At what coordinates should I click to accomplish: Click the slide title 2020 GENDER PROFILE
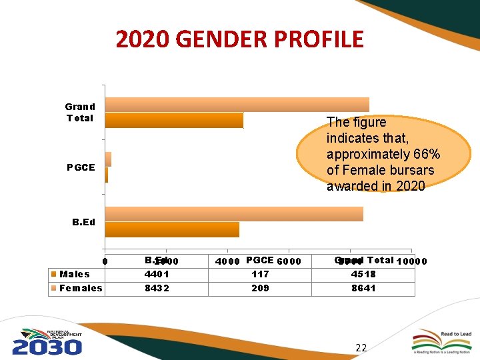pos(239,39)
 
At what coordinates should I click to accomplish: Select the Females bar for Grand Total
pos(237,104)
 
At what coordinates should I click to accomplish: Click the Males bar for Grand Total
pos(174,120)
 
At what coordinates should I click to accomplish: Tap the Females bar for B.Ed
pos(233,213)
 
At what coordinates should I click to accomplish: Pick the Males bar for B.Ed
pos(172,229)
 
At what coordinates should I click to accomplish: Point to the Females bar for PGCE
pos(108,159)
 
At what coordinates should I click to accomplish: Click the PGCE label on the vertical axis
pos(81,167)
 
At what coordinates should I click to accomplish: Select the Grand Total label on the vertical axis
pos(80,112)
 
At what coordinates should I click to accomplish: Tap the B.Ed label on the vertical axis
pos(83,222)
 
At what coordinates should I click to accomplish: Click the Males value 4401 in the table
pos(157,274)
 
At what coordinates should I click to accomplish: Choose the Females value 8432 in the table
pos(157,288)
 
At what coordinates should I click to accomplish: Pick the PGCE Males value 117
pos(260,274)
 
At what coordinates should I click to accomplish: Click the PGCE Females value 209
pos(260,288)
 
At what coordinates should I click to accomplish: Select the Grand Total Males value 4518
pos(363,274)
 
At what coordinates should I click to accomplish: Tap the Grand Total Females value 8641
pos(363,288)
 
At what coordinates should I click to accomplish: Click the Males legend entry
pos(74,274)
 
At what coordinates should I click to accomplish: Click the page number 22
pos(361,347)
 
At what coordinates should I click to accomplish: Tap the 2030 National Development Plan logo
pos(47,341)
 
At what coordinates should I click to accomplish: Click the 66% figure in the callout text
pos(426,154)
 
